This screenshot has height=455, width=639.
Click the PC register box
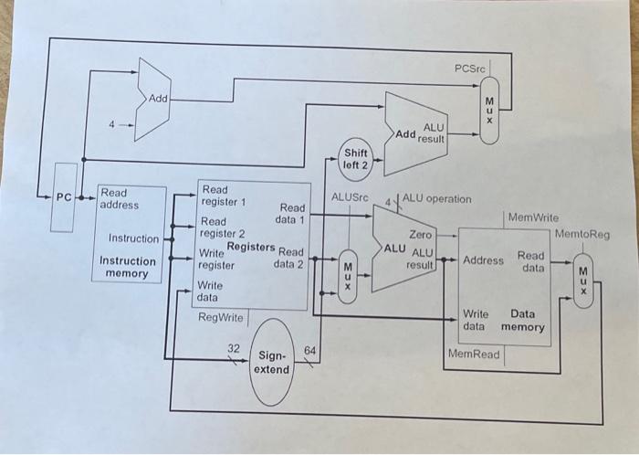64,197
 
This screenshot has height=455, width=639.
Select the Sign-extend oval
271,362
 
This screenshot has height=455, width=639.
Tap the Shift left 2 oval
355,159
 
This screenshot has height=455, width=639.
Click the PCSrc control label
471,69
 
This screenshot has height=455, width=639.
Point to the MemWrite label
532,218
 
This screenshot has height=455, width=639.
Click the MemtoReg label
581,235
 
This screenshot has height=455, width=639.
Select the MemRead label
474,353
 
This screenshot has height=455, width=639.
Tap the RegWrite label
221,318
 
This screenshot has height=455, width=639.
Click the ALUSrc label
349,196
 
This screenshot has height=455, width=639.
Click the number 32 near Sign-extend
234,347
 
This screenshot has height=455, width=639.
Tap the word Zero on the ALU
420,235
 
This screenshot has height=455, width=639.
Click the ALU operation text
436,198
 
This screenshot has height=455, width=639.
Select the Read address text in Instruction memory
120,198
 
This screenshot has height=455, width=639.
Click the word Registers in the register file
250,247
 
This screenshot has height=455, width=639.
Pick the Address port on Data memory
483,260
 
